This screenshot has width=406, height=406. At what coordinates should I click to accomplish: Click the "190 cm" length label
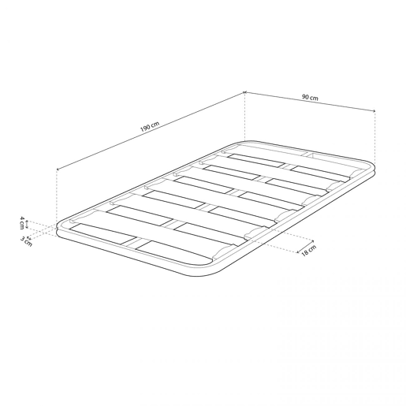[x=150, y=127]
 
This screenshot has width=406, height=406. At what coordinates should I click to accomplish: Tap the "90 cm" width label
[x=310, y=97]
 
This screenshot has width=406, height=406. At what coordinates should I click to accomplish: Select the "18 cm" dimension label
[x=308, y=250]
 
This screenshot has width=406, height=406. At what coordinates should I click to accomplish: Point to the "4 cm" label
[x=22, y=223]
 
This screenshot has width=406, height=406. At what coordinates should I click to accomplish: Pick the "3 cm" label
[x=26, y=241]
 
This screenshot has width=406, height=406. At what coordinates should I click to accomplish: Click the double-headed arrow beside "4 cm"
[x=27, y=225]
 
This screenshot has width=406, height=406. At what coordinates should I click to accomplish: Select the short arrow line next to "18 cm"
[x=305, y=247]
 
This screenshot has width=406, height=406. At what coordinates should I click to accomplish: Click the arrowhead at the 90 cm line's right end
[x=374, y=111]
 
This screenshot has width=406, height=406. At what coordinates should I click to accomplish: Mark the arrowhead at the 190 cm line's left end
[x=58, y=169]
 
